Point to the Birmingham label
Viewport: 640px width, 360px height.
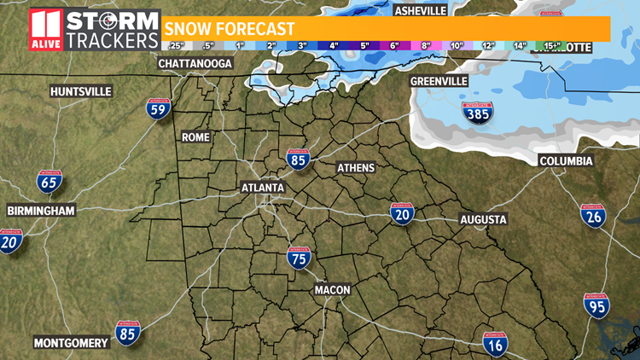click(x=41, y=211)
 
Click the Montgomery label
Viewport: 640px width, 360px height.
click(x=71, y=344)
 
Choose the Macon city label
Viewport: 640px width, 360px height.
click(x=332, y=290)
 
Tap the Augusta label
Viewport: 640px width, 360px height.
click(x=483, y=220)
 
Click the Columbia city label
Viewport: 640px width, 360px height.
click(x=566, y=161)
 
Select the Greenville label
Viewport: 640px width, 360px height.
click(x=439, y=81)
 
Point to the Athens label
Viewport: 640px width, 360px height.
click(x=356, y=167)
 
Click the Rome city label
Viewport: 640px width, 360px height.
click(x=195, y=136)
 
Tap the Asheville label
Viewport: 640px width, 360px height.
click(x=420, y=10)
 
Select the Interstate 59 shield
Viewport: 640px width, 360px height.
click(x=159, y=109)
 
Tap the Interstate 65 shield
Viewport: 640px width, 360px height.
click(x=48, y=180)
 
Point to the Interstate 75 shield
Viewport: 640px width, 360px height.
click(x=299, y=258)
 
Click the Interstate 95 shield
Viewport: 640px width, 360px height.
click(x=596, y=305)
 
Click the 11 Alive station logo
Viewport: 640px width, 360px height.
click(x=46, y=30)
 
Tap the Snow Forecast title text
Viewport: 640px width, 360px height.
click(x=230, y=28)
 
